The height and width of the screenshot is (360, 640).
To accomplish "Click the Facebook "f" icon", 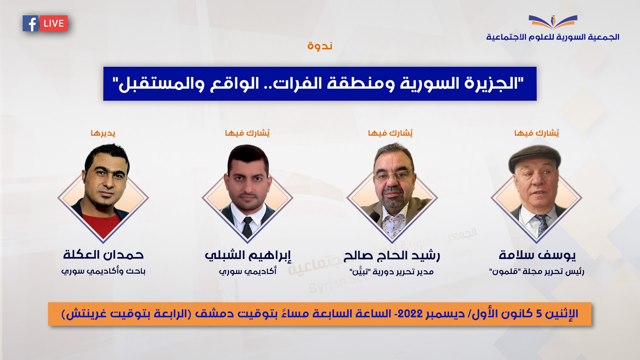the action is click(x=31, y=23).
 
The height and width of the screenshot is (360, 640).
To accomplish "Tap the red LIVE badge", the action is click(x=54, y=23).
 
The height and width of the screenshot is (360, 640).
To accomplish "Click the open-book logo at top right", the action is click(x=553, y=22).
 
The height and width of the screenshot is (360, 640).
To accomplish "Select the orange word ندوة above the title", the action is click(x=320, y=45).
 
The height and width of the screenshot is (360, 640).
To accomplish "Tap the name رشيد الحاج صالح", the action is click(x=392, y=256).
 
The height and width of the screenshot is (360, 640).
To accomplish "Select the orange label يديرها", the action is click(x=103, y=133).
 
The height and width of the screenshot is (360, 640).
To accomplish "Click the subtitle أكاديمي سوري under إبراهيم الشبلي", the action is click(x=248, y=271).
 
